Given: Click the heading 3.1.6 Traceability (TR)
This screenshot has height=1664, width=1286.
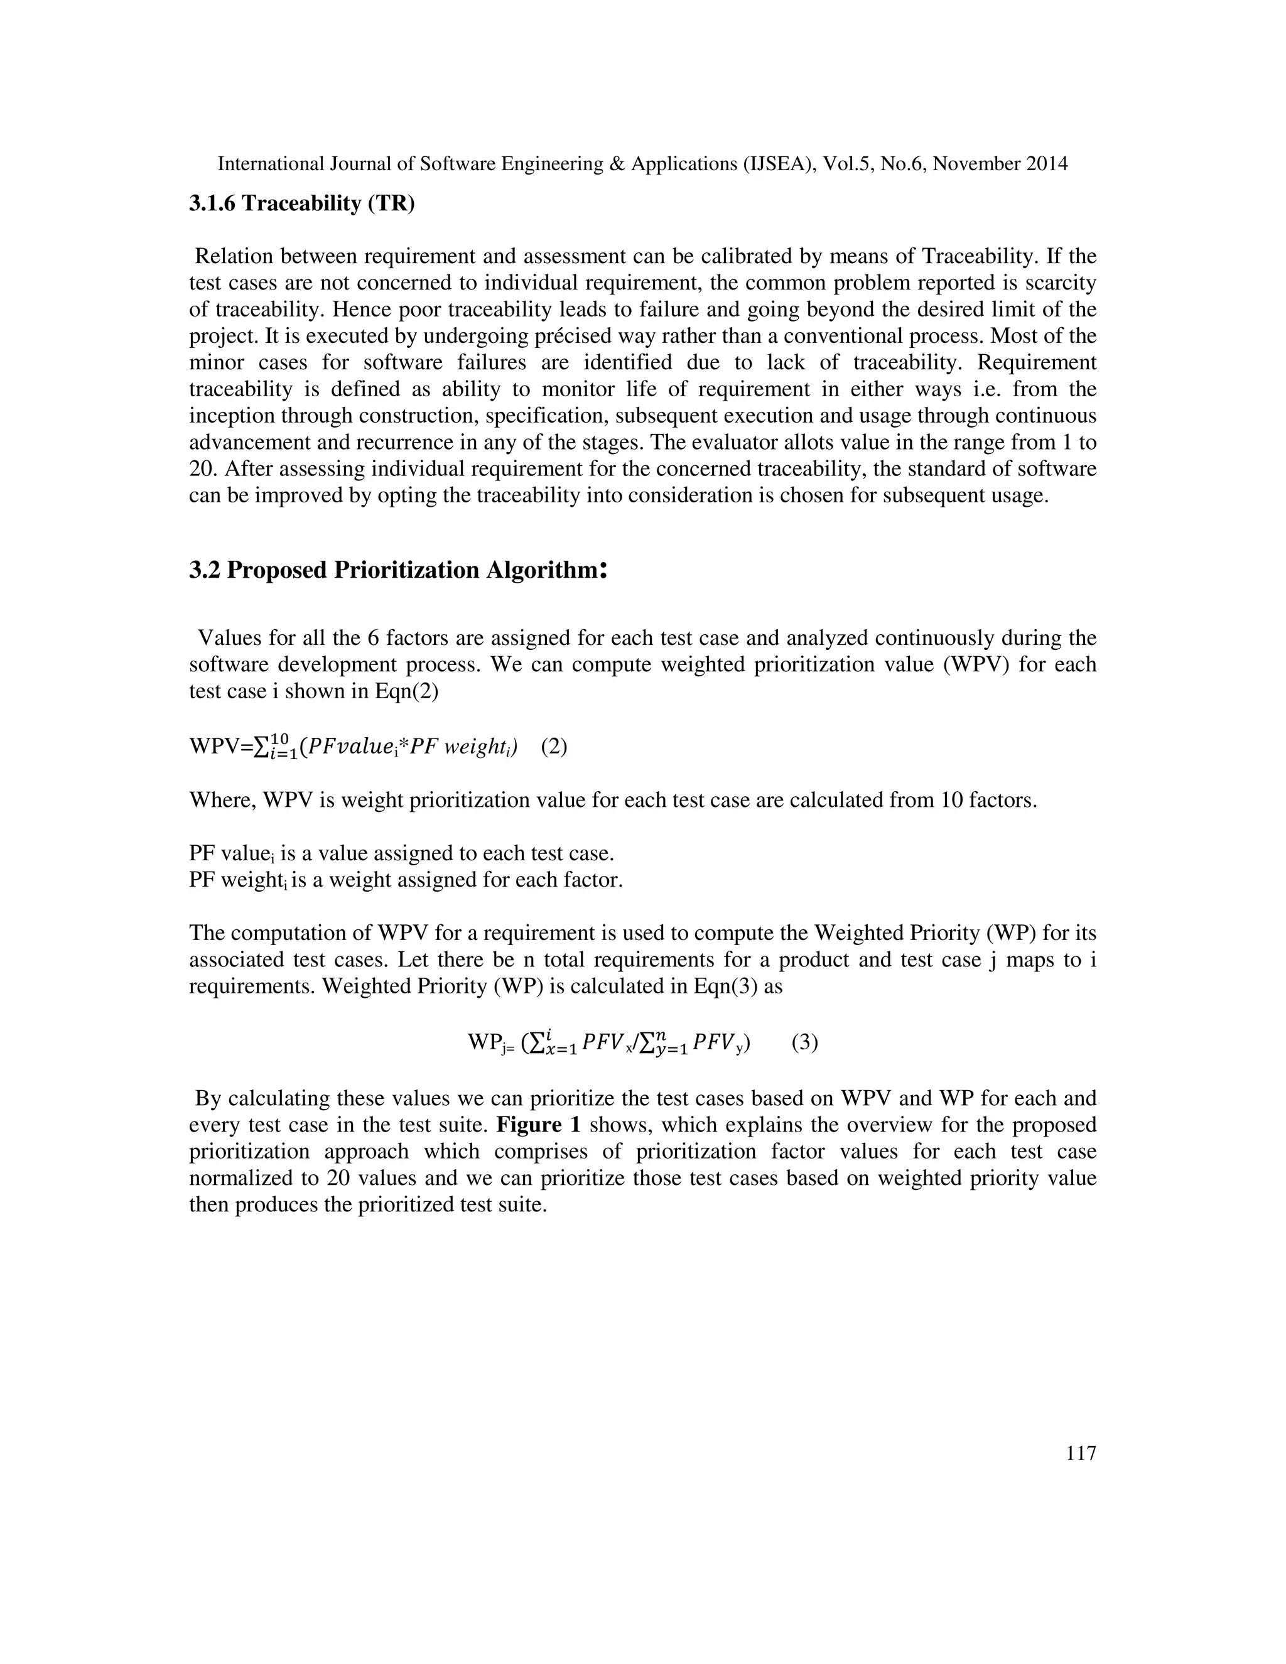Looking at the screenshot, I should (x=301, y=203).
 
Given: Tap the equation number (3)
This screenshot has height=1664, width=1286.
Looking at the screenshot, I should (x=804, y=1042).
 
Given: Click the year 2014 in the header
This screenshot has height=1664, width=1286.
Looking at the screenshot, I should (x=1046, y=164).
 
